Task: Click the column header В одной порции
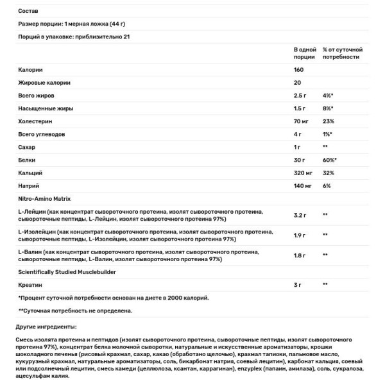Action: click(x=304, y=53)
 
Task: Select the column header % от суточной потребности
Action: click(x=343, y=53)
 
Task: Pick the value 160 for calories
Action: click(x=299, y=69)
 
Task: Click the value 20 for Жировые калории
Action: click(x=297, y=82)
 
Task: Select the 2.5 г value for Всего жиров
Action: click(x=300, y=95)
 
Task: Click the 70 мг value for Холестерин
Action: click(x=302, y=121)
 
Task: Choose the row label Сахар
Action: click(x=27, y=147)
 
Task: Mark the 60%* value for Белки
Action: click(x=330, y=160)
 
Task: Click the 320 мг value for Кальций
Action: click(x=304, y=173)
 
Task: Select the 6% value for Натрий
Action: click(x=326, y=185)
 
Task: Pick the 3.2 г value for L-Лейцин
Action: click(x=300, y=215)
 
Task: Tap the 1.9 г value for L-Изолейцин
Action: click(x=300, y=235)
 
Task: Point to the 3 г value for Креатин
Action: click(x=298, y=284)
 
